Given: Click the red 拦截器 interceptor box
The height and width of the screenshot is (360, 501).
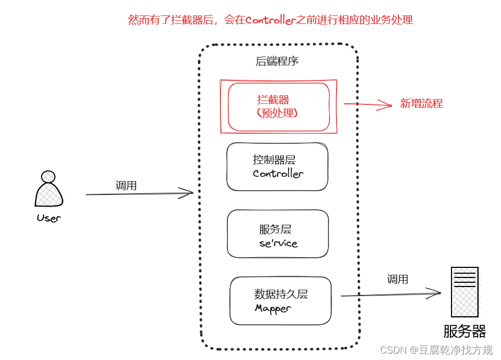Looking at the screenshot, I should coord(278,107).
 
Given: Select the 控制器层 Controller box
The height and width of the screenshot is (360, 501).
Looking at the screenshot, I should coord(277,167).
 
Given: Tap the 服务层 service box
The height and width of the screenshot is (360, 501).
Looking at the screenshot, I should coord(277,234).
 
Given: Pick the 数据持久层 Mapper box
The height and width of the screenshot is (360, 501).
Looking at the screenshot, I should coord(281,301).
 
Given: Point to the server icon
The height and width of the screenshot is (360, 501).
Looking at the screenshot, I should coord(464,292).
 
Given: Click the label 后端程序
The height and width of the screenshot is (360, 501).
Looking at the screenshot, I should coord(277,61).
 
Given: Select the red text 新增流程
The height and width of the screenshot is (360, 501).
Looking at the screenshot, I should coord(421,104).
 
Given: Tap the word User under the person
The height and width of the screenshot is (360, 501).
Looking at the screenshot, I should coord(48,218).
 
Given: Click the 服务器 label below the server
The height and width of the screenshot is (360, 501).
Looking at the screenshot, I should coord(464,331).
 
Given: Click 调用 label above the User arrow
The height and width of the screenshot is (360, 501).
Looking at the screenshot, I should coord(126,185).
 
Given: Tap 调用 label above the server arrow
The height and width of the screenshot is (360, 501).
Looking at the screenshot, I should coord(397,279).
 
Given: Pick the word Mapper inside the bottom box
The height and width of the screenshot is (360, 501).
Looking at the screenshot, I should coord(273,308).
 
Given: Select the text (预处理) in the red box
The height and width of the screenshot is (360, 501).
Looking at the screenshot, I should coord(277,113).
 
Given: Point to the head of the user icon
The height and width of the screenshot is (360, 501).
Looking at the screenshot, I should coord(48,176).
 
